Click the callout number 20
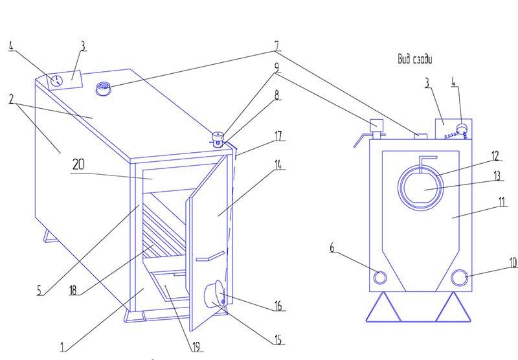78,164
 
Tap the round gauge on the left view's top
57,80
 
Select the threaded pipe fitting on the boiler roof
103,89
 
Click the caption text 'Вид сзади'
414,59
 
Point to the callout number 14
278,164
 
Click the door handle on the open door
210,256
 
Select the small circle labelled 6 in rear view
380,277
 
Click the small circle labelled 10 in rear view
459,277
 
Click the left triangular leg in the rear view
383,306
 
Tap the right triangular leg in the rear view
453,306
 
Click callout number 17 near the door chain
278,136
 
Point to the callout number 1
62,347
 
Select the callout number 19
196,347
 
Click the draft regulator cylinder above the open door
218,139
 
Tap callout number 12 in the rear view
495,156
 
